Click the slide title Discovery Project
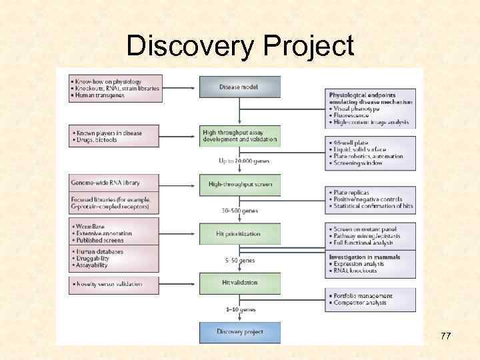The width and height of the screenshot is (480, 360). click(240, 47)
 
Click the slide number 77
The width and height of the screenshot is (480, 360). click(445, 336)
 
